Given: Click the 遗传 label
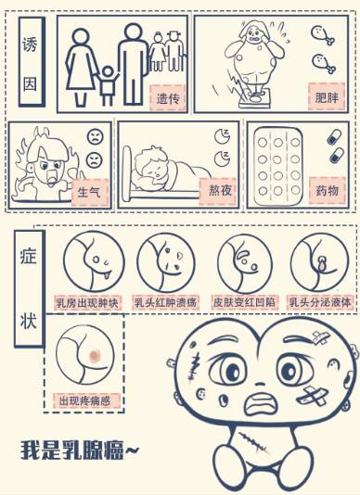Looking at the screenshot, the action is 168,98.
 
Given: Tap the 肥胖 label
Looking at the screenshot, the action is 327,96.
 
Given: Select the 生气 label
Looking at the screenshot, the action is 90,192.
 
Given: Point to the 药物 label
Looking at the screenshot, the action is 328,190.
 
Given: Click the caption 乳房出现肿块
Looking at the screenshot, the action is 87,303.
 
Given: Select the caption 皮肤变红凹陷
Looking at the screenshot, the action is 244,302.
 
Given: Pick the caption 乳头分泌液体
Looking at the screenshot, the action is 320,302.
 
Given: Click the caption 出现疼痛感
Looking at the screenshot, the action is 86,401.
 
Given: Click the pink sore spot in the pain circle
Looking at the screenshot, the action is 95,356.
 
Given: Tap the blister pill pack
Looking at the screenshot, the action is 277,166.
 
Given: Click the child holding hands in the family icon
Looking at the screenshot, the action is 108,85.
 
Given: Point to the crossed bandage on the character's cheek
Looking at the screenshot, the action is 313,395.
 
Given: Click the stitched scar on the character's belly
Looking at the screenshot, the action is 253,442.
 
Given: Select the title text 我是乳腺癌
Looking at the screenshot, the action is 80,450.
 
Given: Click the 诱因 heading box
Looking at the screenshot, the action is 32,61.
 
